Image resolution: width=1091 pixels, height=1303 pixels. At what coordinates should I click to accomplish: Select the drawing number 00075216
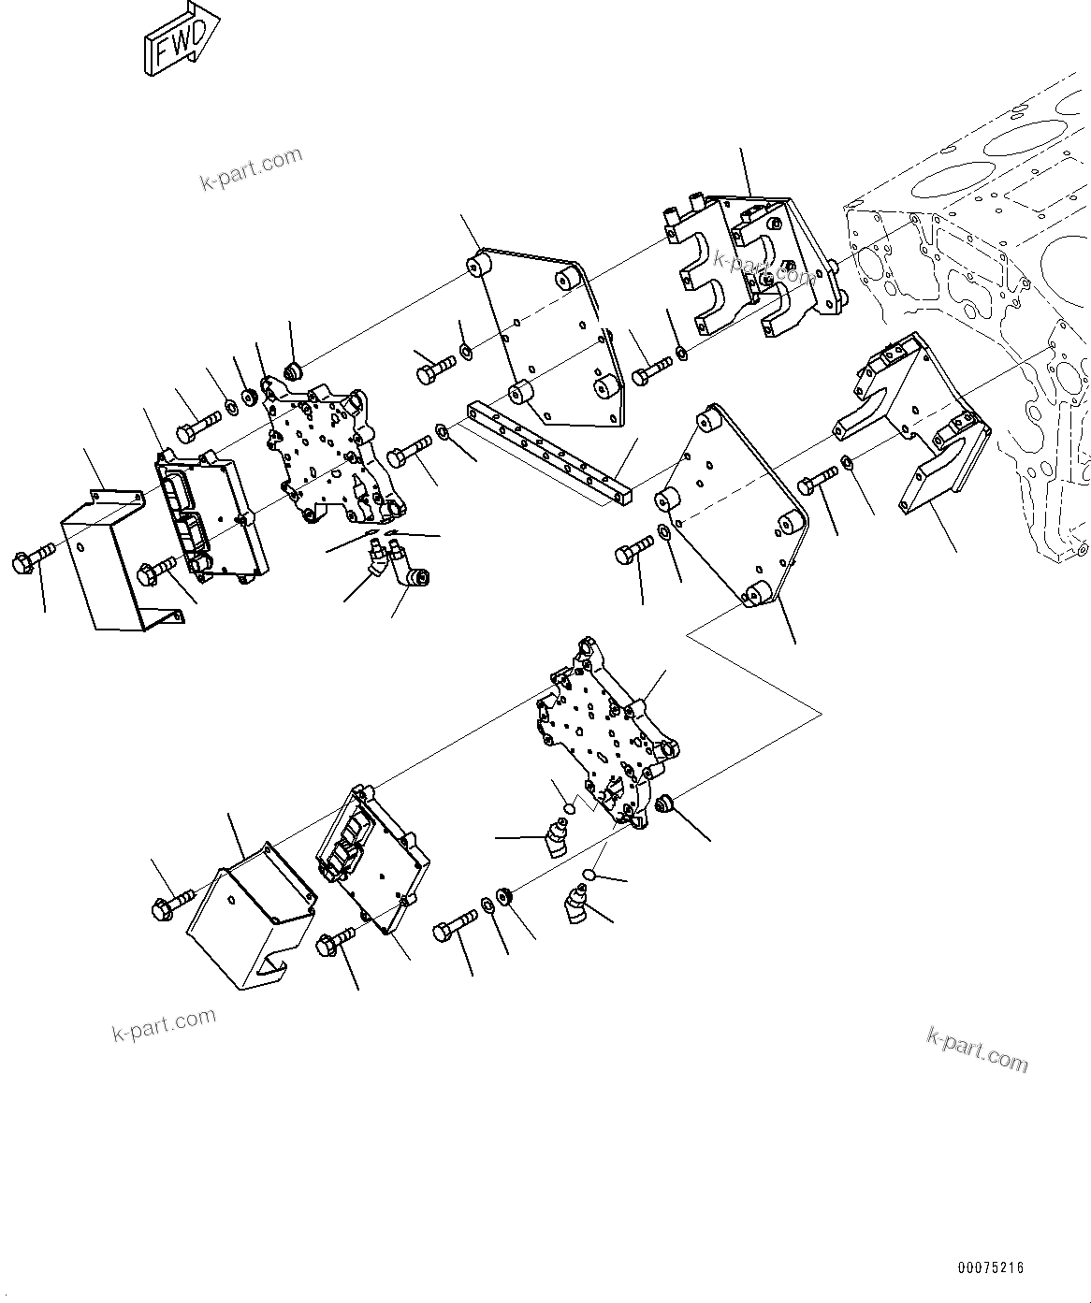click(990, 1268)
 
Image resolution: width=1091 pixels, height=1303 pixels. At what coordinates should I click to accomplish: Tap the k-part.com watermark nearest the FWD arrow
click(252, 168)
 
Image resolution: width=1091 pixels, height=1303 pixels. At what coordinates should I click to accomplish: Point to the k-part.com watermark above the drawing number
click(976, 1049)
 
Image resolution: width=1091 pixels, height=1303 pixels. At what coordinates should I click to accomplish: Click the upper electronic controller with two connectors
click(210, 515)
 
